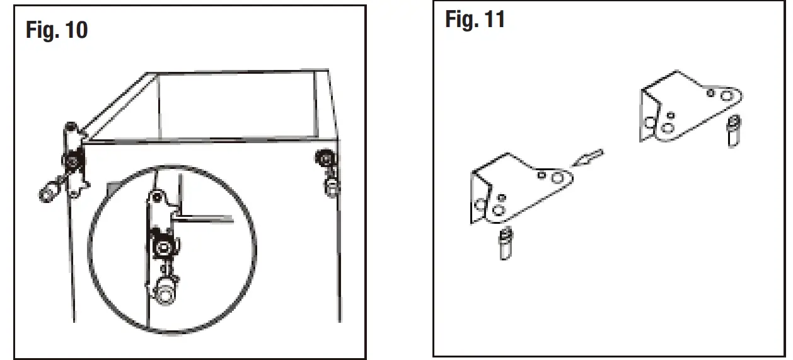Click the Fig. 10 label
click(x=57, y=30)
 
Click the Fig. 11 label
click(x=475, y=20)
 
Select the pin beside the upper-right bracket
click(x=732, y=131)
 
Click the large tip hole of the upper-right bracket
click(x=726, y=96)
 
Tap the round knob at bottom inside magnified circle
click(x=166, y=294)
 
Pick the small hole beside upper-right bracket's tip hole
click(x=710, y=93)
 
